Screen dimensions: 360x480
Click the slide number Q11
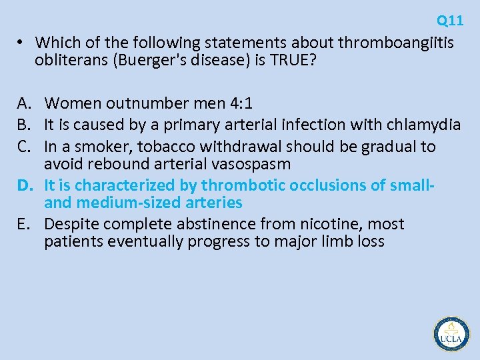[450, 21]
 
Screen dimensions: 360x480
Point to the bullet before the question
[21, 43]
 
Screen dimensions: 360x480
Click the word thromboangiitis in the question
[396, 43]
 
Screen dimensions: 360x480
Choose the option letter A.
[25, 103]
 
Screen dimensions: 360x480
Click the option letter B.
[25, 125]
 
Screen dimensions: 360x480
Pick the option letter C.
[25, 146]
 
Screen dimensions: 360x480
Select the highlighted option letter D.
[25, 185]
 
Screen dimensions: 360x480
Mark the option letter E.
[25, 224]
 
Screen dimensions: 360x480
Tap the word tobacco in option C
[163, 146]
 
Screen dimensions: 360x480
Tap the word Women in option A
[69, 103]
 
